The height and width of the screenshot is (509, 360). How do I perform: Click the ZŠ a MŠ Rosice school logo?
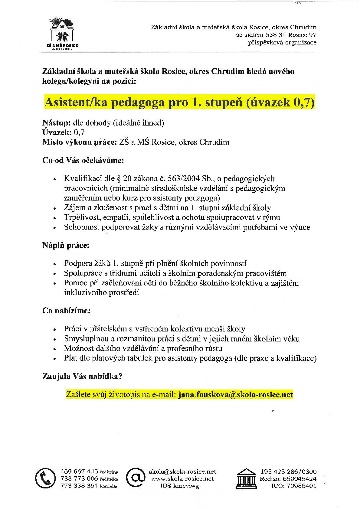click(62, 33)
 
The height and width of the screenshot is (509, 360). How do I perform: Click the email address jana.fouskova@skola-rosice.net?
click(235, 395)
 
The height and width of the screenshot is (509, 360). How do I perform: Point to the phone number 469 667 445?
click(79, 471)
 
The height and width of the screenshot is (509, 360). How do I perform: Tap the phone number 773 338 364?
click(79, 486)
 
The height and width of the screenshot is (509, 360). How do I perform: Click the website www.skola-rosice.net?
click(182, 478)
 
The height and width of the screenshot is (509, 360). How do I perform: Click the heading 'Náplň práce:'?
click(66, 245)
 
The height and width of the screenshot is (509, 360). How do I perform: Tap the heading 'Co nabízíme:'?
click(67, 311)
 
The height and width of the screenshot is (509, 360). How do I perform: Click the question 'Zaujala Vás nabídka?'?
click(82, 376)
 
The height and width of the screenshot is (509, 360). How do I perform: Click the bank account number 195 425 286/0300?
click(289, 471)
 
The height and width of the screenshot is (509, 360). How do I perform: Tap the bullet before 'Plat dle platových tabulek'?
click(55, 359)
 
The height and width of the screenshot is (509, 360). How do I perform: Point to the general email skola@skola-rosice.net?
click(182, 471)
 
